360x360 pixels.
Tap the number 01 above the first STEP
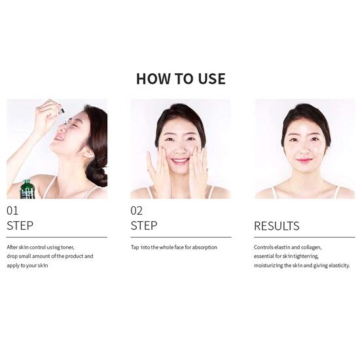(12, 211)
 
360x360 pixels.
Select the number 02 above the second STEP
(136, 211)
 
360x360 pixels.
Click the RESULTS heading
(277, 226)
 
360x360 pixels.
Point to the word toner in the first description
(67, 247)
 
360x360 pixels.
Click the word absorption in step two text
(205, 247)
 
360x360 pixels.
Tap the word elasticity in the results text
(339, 266)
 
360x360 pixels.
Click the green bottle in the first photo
(27, 189)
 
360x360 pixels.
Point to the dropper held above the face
(62, 112)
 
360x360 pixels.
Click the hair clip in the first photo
(101, 158)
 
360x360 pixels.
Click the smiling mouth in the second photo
(181, 161)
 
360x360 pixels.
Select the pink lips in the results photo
(304, 160)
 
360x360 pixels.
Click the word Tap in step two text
(135, 247)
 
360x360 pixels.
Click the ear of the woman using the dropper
(88, 153)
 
